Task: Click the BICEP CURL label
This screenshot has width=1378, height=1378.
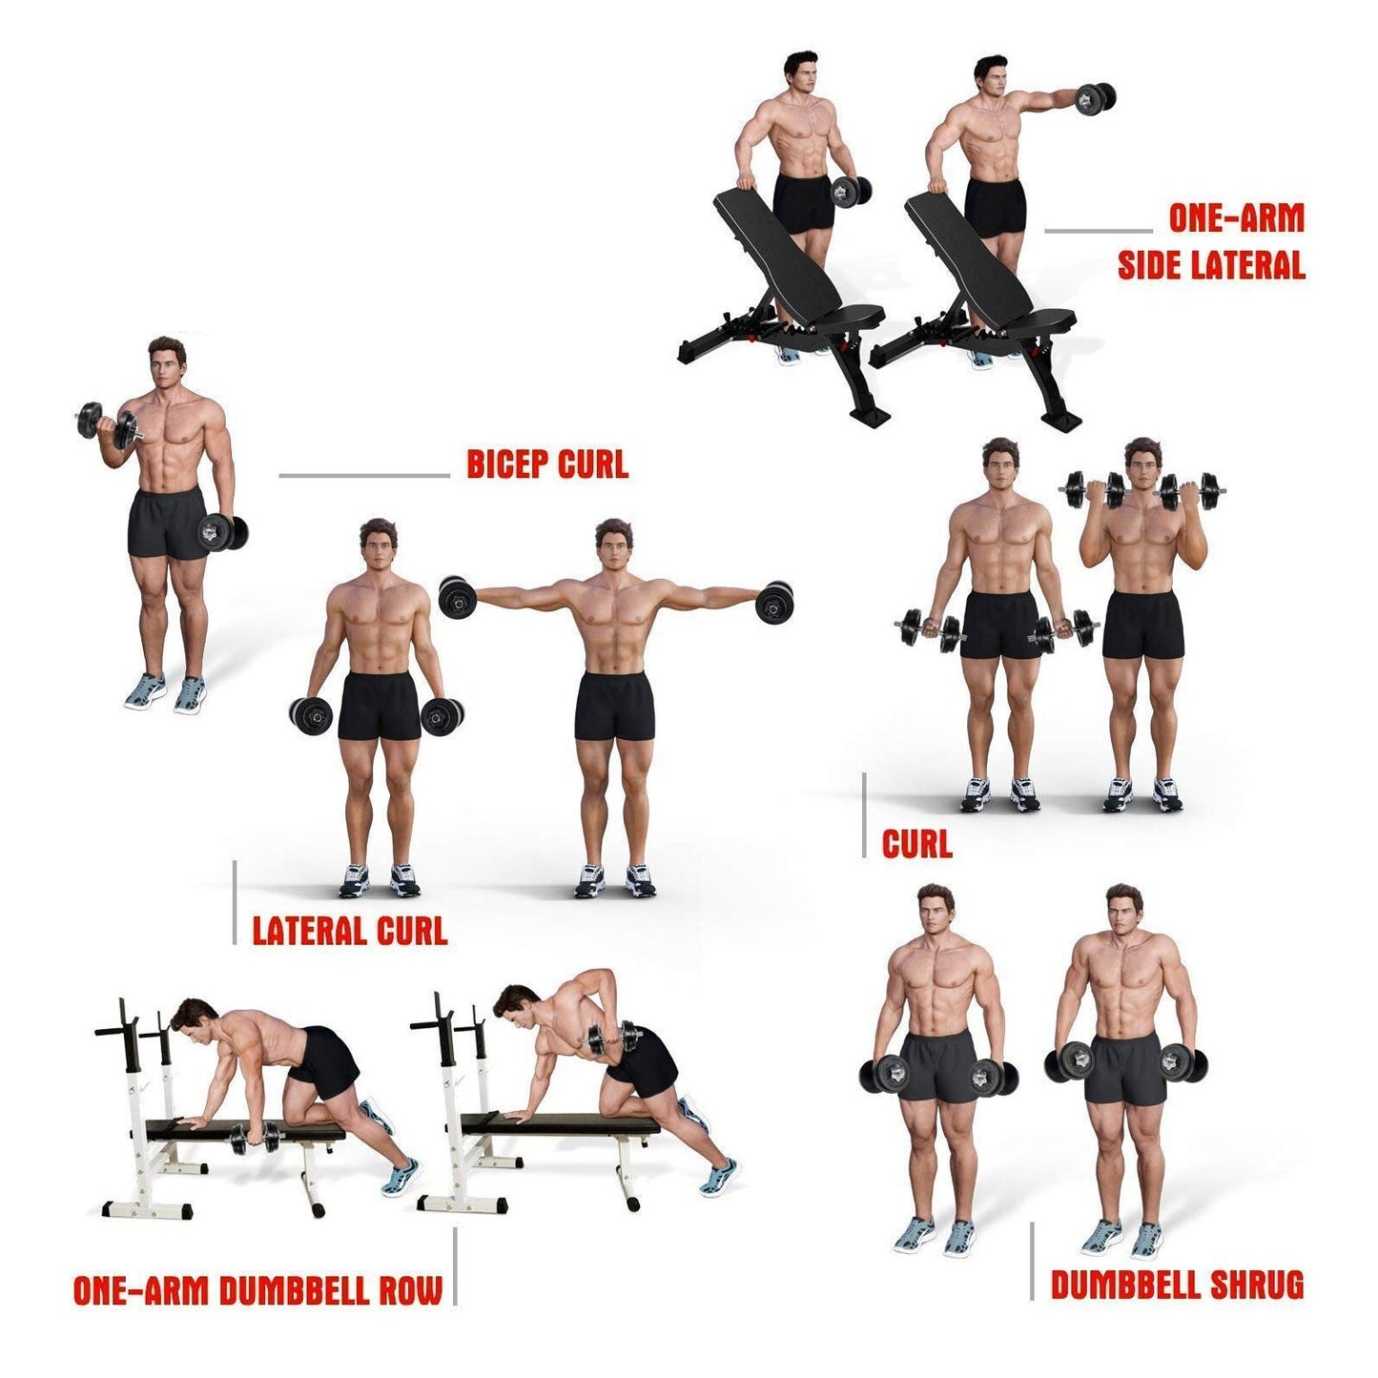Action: coord(547,464)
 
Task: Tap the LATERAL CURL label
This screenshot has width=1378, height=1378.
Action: coord(350,930)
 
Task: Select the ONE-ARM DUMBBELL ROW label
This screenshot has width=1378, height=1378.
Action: coord(257,1290)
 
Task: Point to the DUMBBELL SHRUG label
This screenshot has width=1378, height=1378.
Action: coord(1177,1285)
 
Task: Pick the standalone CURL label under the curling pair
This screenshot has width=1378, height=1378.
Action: coord(916,844)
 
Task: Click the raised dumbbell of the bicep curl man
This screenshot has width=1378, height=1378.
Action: coord(107,423)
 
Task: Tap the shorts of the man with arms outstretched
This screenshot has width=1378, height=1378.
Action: coord(615,706)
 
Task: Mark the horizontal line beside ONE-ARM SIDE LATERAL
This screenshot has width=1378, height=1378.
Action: coord(1098,230)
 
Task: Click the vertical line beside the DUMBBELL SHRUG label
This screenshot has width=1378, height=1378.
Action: coord(1032,1260)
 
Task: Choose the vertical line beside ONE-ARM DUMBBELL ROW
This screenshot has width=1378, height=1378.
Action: coord(455,1265)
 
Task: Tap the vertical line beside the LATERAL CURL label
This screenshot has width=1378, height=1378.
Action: coord(235,901)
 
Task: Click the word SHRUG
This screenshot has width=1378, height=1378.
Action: coord(1256,1285)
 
